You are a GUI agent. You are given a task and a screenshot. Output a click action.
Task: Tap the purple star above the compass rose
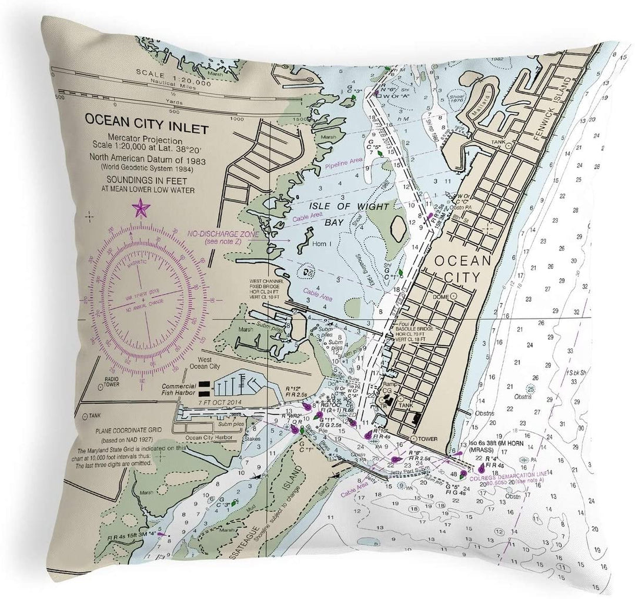pyautogui.click(x=141, y=208)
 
